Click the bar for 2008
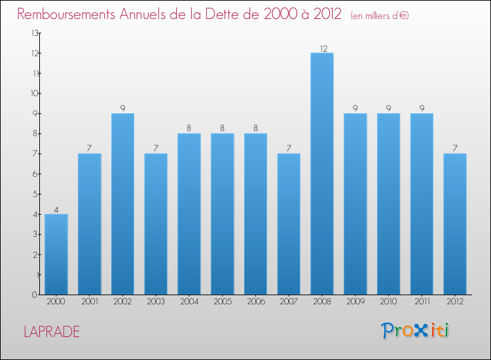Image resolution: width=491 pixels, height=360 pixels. tap(322, 173)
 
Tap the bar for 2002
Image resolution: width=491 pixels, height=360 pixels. tap(122, 204)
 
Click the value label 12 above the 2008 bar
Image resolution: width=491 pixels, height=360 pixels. tap(322, 48)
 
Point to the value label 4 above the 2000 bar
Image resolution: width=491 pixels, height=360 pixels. tap(56, 210)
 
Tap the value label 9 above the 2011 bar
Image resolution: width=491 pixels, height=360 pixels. tap(422, 109)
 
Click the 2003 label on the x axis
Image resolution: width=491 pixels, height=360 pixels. tap(156, 302)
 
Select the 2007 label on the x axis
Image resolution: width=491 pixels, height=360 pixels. tap(289, 302)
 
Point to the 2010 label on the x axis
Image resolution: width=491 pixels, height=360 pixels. tap(388, 302)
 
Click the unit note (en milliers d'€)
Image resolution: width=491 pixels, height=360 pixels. tap(380, 16)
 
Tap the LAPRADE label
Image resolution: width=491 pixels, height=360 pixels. tap(52, 332)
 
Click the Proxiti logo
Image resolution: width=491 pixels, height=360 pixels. tap(416, 331)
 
